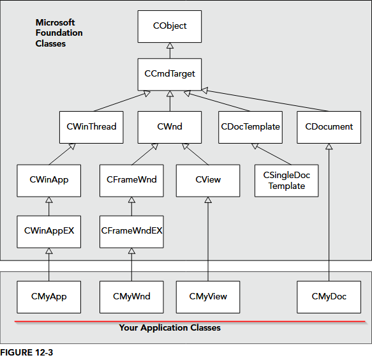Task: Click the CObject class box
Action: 170,26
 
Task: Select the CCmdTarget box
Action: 170,73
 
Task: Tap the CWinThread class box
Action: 91,126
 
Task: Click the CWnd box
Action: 170,126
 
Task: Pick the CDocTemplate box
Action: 250,126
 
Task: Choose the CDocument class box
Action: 329,126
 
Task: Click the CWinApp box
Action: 49,180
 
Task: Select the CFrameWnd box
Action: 131,180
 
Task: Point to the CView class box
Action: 208,180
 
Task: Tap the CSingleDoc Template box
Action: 286,181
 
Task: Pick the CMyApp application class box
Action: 49,296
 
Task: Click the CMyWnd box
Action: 131,296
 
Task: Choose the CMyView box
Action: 208,296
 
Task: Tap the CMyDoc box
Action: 329,296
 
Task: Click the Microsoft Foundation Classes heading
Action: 59,33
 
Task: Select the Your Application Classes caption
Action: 170,327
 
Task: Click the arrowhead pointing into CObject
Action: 170,46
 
